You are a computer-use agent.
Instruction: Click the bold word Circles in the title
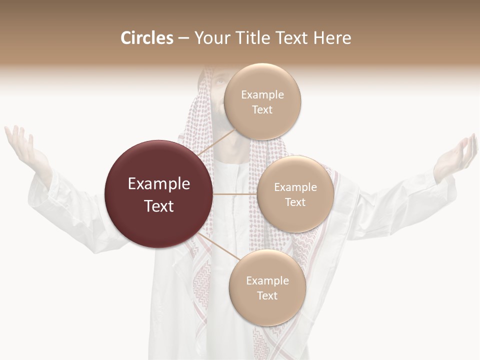coord(146,38)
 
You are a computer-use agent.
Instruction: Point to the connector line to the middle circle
coord(235,194)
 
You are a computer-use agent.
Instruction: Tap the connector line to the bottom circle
coord(217,246)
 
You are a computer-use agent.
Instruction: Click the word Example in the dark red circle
coord(159,184)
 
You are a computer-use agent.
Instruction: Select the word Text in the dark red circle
coord(159,206)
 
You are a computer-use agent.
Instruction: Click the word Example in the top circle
coord(262,95)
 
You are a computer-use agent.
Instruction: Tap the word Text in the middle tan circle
coord(295,202)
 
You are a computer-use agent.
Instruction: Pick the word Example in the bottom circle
coord(267,281)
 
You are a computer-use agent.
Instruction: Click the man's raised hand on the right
coord(455,157)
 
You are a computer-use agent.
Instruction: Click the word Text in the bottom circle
coord(267,296)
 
